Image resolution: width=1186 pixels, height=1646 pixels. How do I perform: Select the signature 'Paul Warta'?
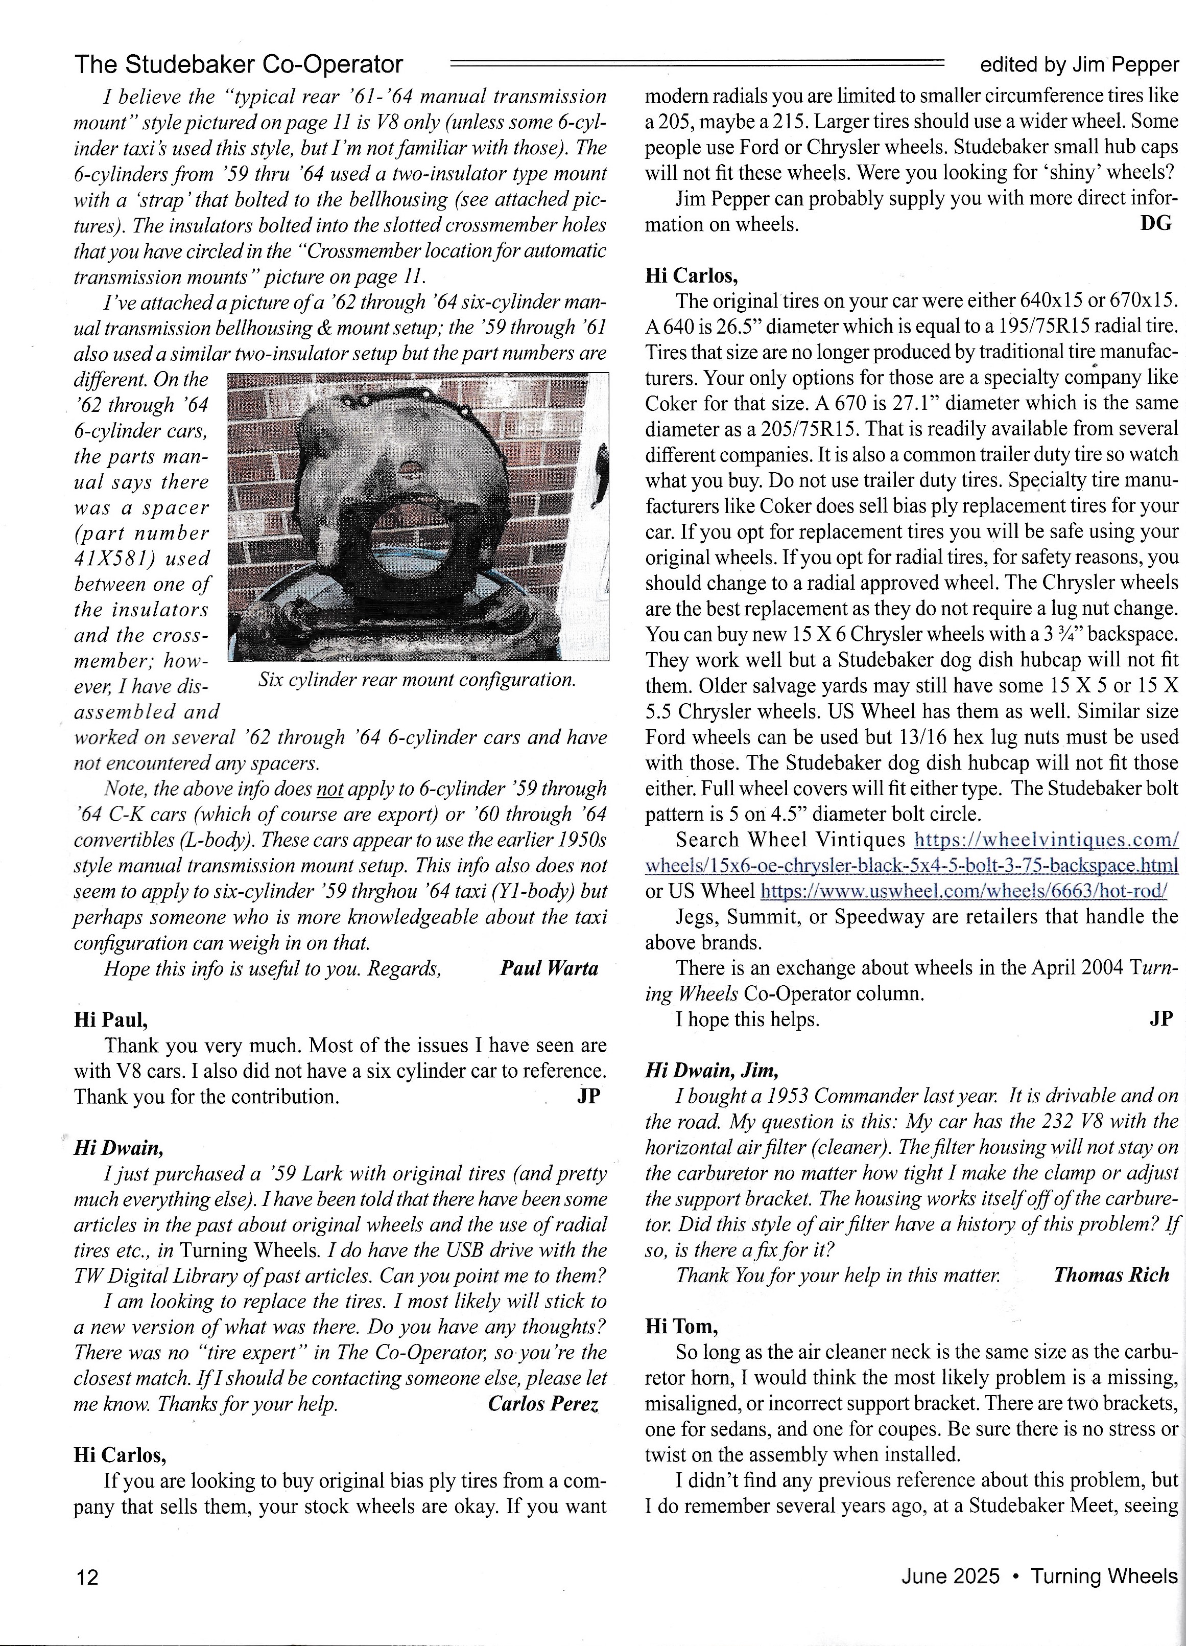pyautogui.click(x=549, y=969)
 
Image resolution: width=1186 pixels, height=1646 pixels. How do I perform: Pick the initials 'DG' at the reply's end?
pyautogui.click(x=1156, y=223)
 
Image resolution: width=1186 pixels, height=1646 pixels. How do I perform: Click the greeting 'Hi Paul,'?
pyautogui.click(x=111, y=1019)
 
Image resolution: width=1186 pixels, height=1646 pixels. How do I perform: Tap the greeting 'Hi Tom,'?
pyautogui.click(x=682, y=1327)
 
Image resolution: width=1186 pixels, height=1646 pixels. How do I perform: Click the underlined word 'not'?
pyautogui.click(x=330, y=789)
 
